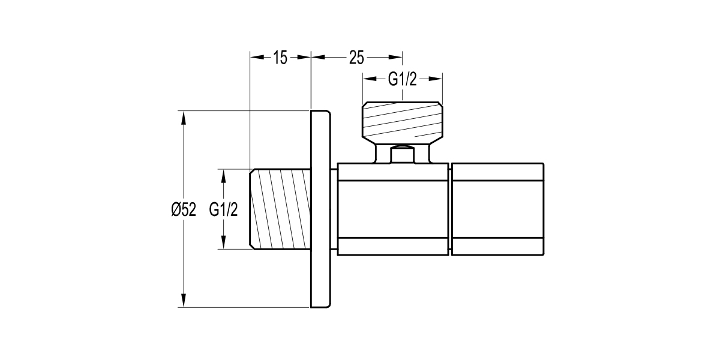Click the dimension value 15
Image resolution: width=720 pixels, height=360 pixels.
tap(280, 58)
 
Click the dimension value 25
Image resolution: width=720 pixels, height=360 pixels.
tap(356, 58)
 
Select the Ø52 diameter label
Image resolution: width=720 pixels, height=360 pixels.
tap(184, 210)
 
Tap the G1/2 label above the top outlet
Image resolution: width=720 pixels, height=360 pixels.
tap(402, 79)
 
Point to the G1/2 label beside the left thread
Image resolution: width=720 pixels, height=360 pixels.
tap(224, 210)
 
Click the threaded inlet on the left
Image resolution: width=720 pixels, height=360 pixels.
tap(280, 209)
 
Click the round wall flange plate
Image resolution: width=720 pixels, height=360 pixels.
tap(320, 209)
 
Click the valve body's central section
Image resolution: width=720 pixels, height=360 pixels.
tap(393, 209)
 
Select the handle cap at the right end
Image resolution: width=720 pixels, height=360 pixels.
tap(497, 209)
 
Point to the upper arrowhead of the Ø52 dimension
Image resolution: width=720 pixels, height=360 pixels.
tap(184, 116)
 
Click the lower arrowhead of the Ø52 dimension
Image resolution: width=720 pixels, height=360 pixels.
tap(184, 302)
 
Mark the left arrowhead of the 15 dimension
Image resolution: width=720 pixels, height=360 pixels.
tap(256, 58)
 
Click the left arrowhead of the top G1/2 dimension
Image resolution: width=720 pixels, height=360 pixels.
tap(367, 79)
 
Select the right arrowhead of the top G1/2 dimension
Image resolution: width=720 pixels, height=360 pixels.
tap(437, 79)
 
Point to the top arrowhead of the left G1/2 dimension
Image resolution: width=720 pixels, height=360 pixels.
tap(224, 175)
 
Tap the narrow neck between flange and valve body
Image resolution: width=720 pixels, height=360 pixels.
tap(334, 209)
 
